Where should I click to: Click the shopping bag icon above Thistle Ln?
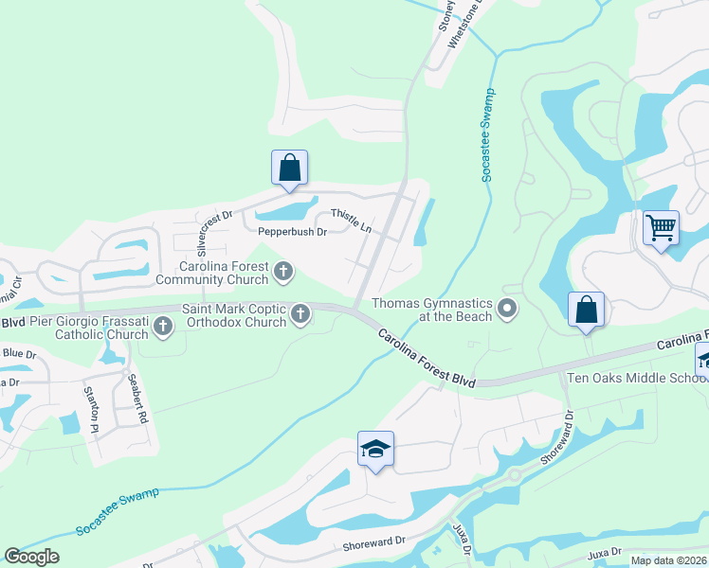tap(290, 169)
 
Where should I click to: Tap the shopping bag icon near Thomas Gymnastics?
tap(587, 310)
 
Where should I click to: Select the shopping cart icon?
tap(661, 227)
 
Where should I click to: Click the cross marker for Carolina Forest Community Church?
tap(282, 274)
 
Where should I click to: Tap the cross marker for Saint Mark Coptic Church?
tap(300, 312)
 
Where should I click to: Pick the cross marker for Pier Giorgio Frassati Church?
tap(163, 328)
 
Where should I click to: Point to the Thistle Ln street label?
tap(350, 221)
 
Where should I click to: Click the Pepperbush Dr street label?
tap(292, 231)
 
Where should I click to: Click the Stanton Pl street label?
tap(92, 409)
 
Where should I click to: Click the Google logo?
tap(31, 557)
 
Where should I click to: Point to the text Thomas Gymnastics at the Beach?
tap(431, 310)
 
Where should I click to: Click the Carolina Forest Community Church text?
tap(211, 274)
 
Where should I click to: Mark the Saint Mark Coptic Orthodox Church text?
tap(234, 314)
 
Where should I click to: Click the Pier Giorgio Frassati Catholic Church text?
tap(89, 328)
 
